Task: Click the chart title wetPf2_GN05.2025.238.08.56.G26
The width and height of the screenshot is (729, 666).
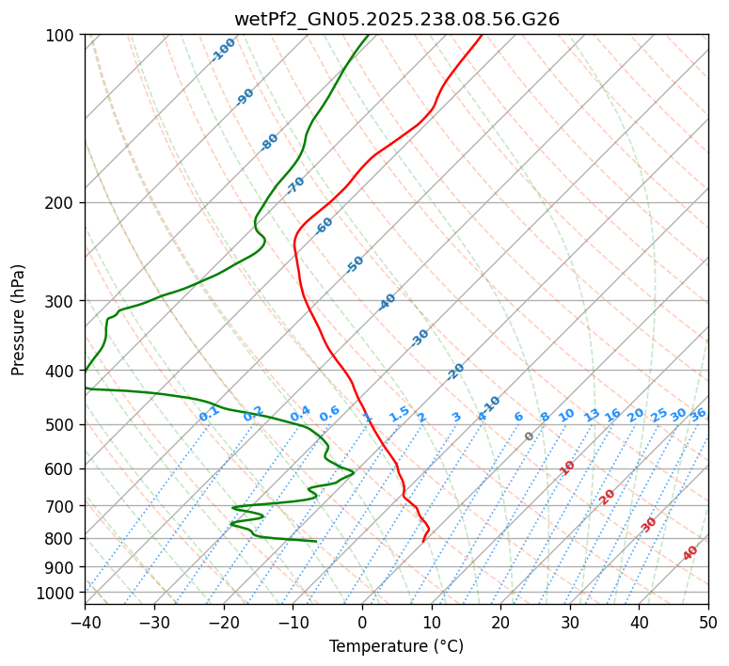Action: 396,19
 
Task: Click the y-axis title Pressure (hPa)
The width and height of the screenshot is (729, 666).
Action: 19,319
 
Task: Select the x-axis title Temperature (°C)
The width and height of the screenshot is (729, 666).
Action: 396,646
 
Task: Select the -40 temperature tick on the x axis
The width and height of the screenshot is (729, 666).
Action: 85,622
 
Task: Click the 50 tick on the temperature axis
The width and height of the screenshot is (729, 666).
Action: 708,622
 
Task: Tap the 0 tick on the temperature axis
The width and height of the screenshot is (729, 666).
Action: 362,622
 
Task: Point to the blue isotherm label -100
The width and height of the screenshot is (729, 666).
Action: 223,50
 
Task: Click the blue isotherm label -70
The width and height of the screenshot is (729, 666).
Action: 295,184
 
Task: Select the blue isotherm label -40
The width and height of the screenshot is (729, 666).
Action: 387,302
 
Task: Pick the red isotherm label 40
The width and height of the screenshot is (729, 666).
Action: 690,553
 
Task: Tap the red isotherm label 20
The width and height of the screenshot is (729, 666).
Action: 607,496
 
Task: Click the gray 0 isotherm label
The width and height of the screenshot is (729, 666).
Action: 530,436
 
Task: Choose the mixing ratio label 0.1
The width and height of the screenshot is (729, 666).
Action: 209,412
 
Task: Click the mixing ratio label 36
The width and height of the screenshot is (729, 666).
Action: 698,414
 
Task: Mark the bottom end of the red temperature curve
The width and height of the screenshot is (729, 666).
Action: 423,542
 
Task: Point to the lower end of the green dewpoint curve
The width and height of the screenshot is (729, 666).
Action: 316,541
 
